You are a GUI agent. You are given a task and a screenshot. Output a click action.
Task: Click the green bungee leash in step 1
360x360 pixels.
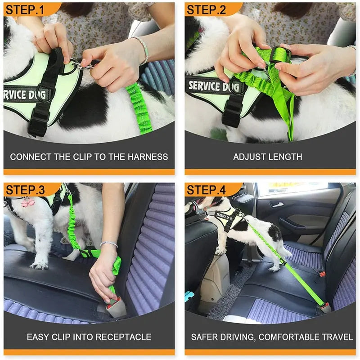pyautogui.click(x=137, y=108)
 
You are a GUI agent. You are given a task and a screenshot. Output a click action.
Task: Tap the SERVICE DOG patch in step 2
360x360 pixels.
pyautogui.click(x=211, y=86)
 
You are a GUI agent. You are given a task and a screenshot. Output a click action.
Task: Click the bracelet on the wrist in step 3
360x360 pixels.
pyautogui.click(x=109, y=244)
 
